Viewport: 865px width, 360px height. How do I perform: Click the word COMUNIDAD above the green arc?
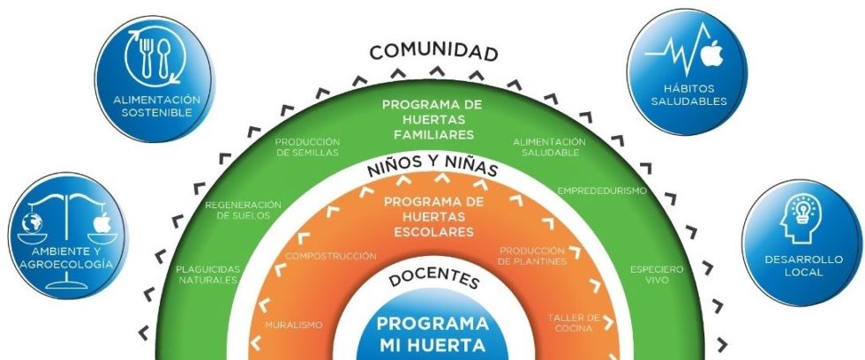pos(433,52)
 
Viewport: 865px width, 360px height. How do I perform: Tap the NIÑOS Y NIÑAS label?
pos(432,168)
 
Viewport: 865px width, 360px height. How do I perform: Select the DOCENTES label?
pos(433,278)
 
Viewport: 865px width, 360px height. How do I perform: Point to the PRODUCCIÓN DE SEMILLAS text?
pos(307,147)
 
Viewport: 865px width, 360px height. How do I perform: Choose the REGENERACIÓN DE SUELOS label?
pos(244,210)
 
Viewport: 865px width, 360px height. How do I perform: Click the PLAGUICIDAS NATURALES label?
pos(208,274)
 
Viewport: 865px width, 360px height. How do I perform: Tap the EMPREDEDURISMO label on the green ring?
pos(602,191)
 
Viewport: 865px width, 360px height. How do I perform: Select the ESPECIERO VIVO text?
pos(657,274)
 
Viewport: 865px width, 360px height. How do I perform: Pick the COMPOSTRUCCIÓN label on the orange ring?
pos(330,257)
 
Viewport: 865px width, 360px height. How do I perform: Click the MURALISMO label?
pos(293,326)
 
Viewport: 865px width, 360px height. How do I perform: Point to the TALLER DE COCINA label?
pos(574,323)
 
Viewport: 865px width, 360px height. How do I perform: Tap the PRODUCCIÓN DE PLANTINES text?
pos(531,256)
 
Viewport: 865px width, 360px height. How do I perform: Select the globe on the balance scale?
pos(33,222)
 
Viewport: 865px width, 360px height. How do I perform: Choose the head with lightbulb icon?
pos(801,219)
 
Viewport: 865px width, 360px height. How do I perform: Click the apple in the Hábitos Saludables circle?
pos(711,53)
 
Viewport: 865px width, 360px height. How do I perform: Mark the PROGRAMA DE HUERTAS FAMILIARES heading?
pos(432,119)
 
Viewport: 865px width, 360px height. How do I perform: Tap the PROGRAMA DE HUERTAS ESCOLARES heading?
pos(433,217)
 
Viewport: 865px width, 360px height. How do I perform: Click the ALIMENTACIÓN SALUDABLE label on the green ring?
pos(549,147)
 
